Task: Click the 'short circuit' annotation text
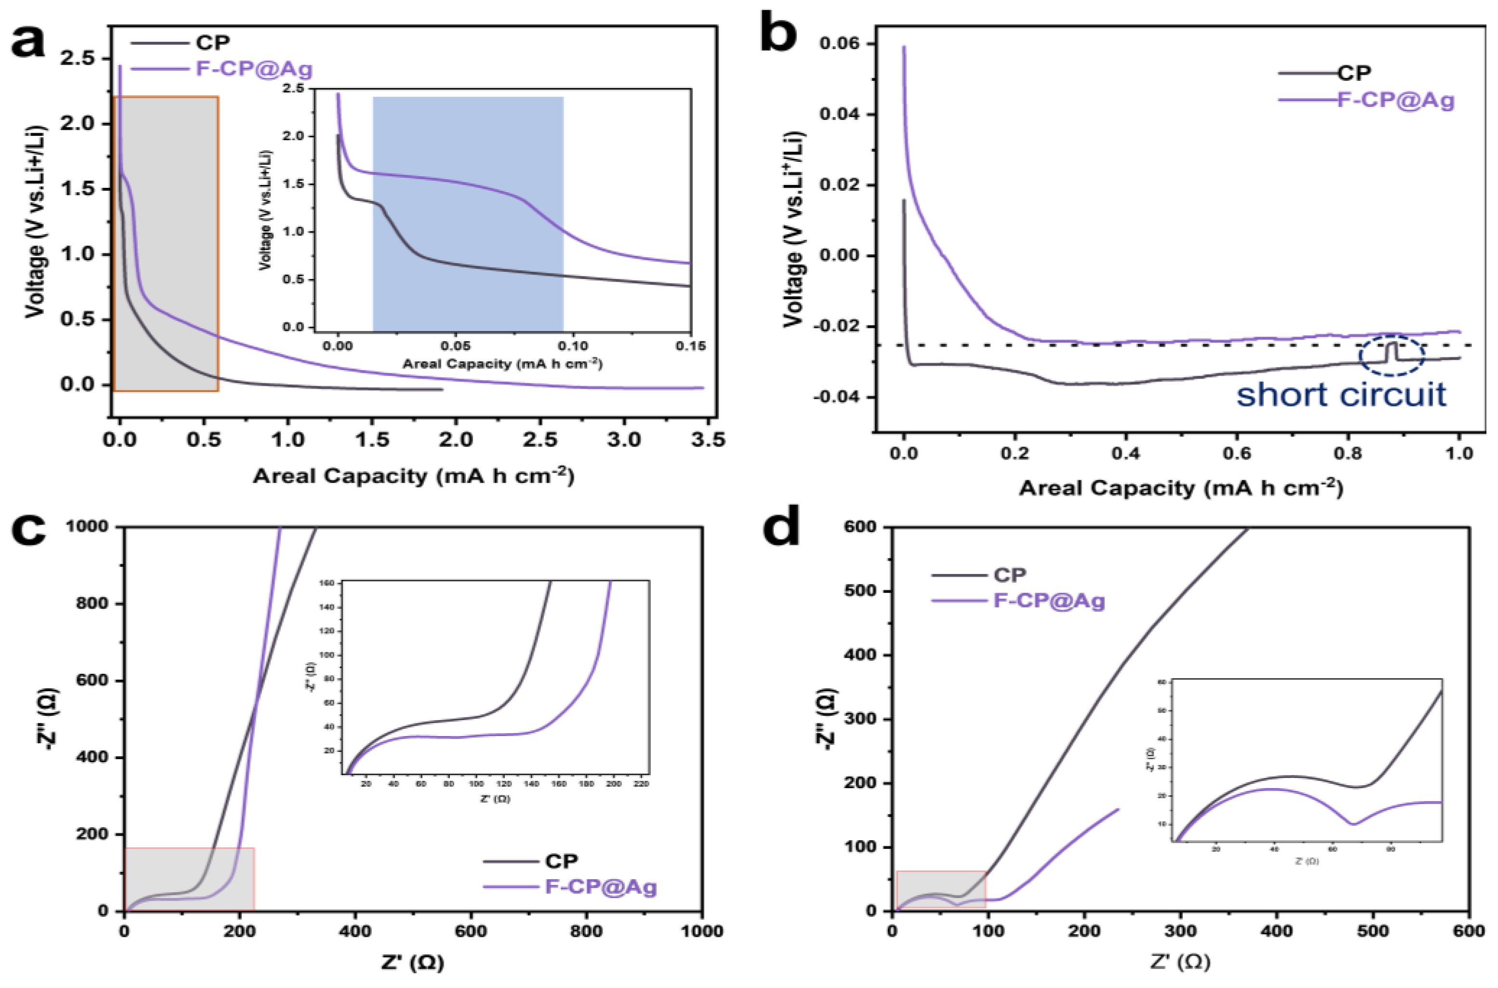[1340, 395]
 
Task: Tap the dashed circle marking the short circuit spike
[1392, 356]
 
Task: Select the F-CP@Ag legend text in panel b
[1396, 100]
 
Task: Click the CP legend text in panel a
[213, 42]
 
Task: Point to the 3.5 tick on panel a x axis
[708, 439]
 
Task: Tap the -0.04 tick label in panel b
[837, 397]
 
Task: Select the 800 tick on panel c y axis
[92, 603]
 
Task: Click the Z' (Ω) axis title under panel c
[412, 962]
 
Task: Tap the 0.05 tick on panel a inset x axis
[456, 346]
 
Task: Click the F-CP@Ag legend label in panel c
[600, 887]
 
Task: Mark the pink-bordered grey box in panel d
[941, 890]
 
